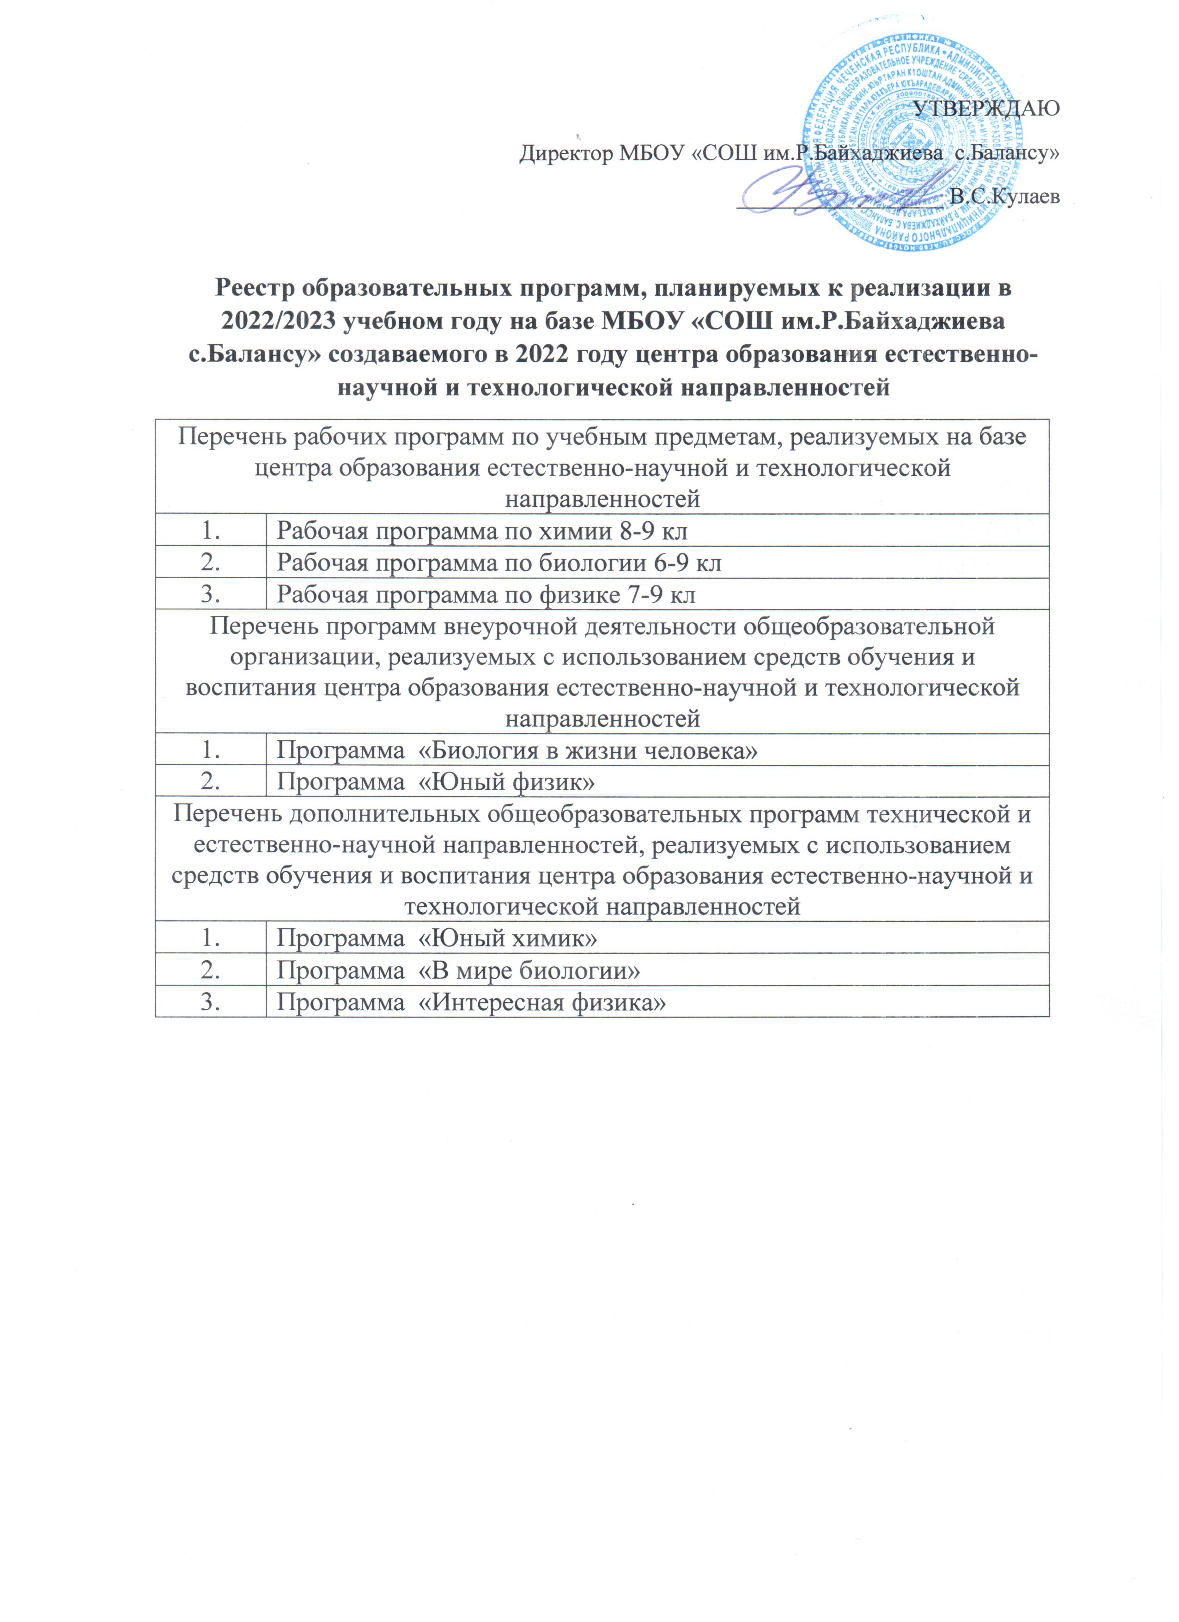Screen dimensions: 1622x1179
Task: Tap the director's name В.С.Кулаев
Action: pyautogui.click(x=1004, y=196)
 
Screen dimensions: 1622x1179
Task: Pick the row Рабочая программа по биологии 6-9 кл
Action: pyautogui.click(x=498, y=563)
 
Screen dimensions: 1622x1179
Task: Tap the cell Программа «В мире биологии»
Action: pyautogui.click(x=457, y=970)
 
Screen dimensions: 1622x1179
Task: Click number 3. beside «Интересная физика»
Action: pyautogui.click(x=210, y=1002)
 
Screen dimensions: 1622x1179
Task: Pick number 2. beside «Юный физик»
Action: pyautogui.click(x=210, y=782)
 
